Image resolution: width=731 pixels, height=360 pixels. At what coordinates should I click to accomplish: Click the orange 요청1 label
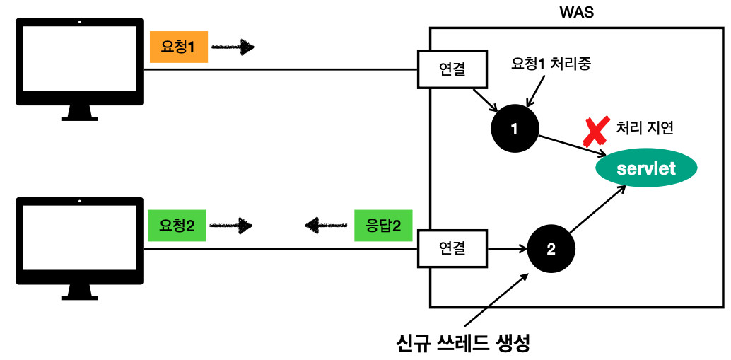pos(178,48)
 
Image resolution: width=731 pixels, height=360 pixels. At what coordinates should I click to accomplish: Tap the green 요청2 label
pos(177,226)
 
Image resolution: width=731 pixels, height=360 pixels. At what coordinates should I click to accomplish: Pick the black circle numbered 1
pos(514,129)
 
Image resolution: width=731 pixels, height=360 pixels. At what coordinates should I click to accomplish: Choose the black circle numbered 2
pos(551,249)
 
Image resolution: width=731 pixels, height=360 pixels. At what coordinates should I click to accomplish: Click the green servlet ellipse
pos(646,168)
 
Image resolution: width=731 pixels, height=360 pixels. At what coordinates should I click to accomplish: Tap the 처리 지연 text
pos(645,128)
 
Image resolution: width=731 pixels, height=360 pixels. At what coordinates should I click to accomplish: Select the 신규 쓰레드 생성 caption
pos(463,343)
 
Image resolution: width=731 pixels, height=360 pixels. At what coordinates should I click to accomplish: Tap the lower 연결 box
pos(452,248)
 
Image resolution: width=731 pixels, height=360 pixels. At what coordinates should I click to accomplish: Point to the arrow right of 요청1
pos(233,48)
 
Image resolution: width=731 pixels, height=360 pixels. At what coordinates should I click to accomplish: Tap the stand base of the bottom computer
pos(79,295)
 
